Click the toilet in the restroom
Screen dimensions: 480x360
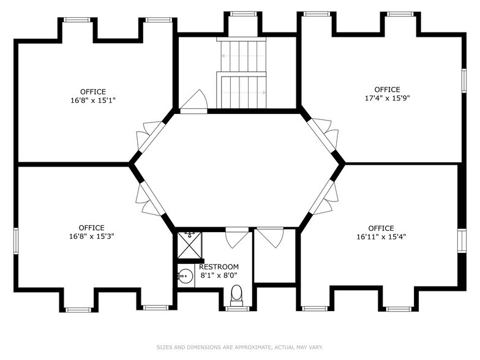(x=236, y=295)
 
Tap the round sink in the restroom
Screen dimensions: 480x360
(x=185, y=276)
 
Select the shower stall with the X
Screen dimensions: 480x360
(x=190, y=245)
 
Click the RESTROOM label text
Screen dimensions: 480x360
(x=219, y=267)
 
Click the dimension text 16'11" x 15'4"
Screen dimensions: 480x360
(x=381, y=236)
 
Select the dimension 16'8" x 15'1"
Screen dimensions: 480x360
(x=93, y=100)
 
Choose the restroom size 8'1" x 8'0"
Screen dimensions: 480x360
(x=219, y=276)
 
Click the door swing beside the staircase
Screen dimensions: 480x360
(x=194, y=99)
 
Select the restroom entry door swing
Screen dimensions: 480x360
(x=237, y=238)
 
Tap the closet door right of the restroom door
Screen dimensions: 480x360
(x=270, y=238)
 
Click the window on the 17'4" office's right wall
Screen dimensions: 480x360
(x=464, y=81)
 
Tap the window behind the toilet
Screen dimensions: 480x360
(x=238, y=309)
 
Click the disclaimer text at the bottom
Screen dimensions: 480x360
(x=240, y=348)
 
